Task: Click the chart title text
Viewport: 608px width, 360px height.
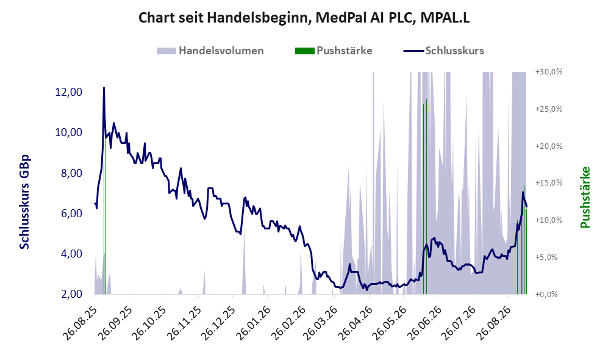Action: [x=304, y=18]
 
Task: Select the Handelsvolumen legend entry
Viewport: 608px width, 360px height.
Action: [x=210, y=51]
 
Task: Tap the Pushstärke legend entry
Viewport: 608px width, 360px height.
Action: [x=334, y=51]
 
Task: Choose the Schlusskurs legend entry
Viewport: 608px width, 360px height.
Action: [x=443, y=51]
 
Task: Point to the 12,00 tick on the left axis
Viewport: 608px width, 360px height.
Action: [x=69, y=92]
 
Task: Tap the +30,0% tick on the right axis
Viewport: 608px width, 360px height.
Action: [x=549, y=72]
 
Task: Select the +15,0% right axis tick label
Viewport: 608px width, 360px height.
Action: [x=549, y=182]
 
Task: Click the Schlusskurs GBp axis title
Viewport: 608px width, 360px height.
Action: [x=24, y=202]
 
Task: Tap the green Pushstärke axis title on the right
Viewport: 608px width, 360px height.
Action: [x=585, y=197]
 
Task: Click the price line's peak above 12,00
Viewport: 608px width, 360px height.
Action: [x=104, y=88]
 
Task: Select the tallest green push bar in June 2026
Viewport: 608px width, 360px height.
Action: [x=426, y=196]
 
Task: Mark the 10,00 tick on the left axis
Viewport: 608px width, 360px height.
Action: [x=69, y=132]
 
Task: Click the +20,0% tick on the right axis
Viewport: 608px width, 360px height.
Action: [x=549, y=146]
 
